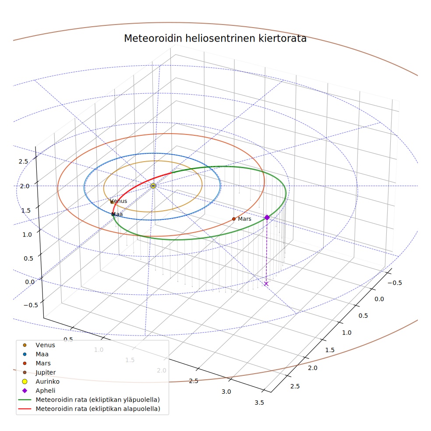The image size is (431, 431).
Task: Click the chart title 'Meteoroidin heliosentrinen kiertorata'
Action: tap(215, 39)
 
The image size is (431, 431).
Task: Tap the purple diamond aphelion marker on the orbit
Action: tap(267, 217)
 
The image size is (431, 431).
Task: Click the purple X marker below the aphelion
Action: tap(266, 284)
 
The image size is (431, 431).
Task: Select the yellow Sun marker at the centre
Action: tap(153, 186)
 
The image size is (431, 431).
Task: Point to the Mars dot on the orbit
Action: tap(233, 219)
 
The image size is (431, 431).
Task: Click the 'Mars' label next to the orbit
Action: tap(244, 219)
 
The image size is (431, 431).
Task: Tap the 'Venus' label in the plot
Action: tap(118, 201)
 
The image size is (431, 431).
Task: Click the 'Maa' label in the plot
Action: tap(117, 214)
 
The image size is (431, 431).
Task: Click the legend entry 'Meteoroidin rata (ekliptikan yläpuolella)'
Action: tap(89, 399)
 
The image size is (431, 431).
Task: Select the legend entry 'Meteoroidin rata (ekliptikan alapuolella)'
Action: tap(89, 409)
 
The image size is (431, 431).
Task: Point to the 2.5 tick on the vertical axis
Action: tap(23, 161)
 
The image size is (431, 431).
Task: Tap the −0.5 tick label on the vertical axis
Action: tap(31, 305)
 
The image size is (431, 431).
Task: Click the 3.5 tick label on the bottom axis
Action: tap(259, 403)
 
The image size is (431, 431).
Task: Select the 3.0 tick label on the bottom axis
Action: tap(226, 392)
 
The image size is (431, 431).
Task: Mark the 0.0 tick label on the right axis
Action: tap(379, 299)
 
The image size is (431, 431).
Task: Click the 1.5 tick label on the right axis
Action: tap(330, 350)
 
